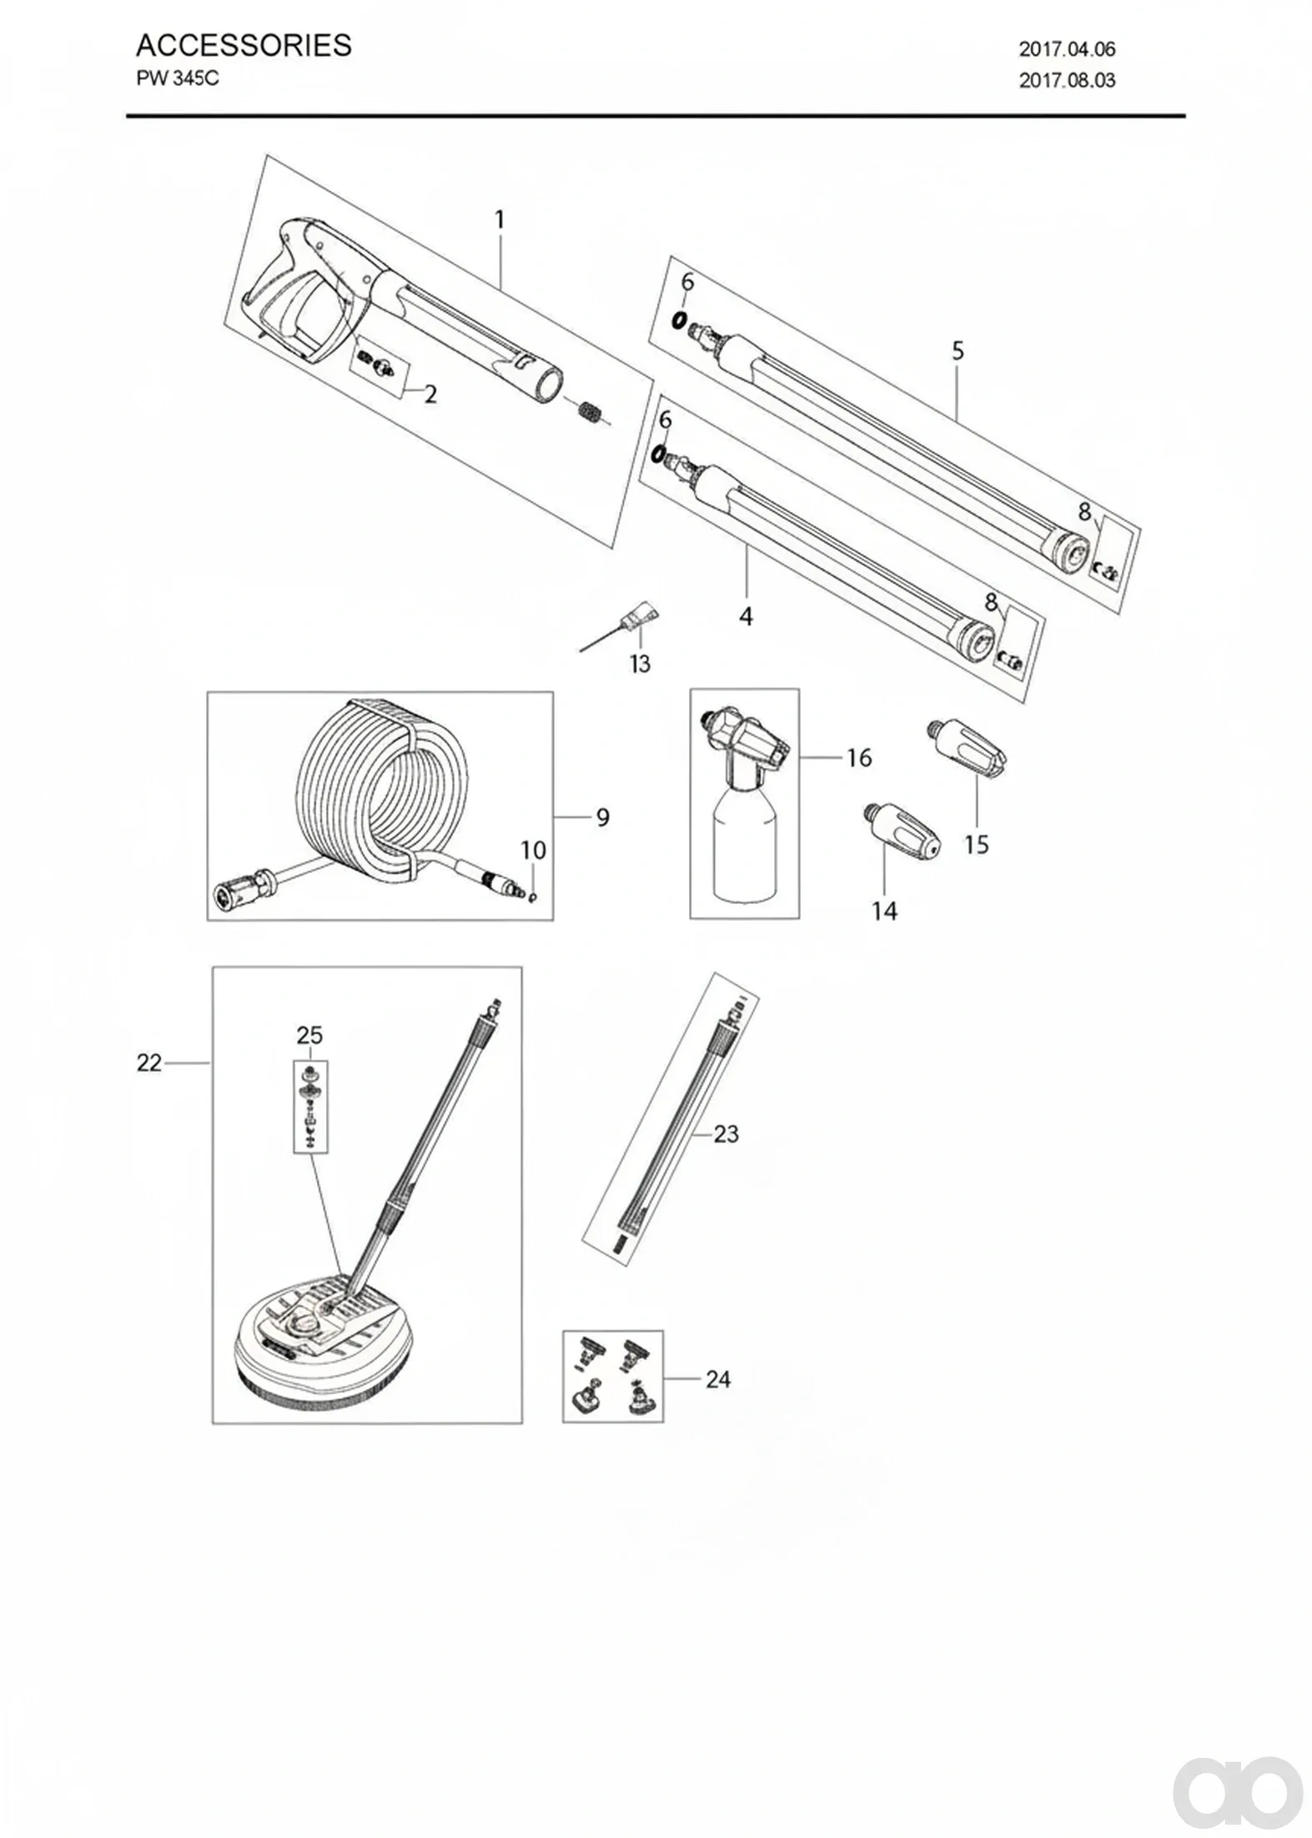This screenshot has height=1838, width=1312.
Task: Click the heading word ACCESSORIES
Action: coord(244,45)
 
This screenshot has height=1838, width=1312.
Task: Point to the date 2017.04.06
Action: coord(1067,49)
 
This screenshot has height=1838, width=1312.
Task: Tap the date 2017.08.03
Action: coord(1067,81)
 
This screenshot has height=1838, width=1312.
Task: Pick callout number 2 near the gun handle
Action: coord(430,394)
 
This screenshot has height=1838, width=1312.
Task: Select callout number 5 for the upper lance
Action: coord(958,351)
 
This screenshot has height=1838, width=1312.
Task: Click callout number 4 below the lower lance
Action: coord(746,616)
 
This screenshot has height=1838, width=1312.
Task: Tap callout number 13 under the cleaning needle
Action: coord(640,664)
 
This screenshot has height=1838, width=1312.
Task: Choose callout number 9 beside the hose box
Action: coord(602,817)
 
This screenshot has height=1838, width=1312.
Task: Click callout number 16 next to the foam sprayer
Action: coord(859,757)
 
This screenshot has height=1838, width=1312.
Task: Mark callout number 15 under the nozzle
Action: coord(976,845)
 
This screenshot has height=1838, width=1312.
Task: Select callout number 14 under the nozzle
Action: coord(885,911)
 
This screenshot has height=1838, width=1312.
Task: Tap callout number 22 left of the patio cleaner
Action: coord(149,1063)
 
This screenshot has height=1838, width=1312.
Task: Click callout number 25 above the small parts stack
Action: coord(309,1035)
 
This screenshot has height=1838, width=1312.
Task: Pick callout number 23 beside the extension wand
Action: coord(726,1133)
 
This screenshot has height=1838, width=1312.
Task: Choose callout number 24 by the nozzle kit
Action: coord(718,1379)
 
